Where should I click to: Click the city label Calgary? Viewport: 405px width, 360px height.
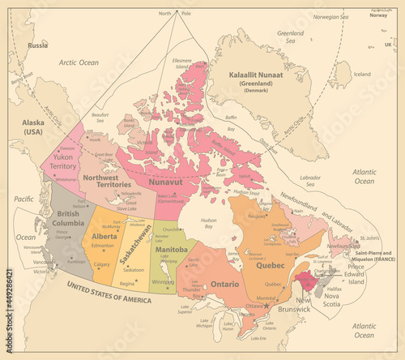[102, 264]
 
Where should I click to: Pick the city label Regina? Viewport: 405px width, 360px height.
[127, 284]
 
